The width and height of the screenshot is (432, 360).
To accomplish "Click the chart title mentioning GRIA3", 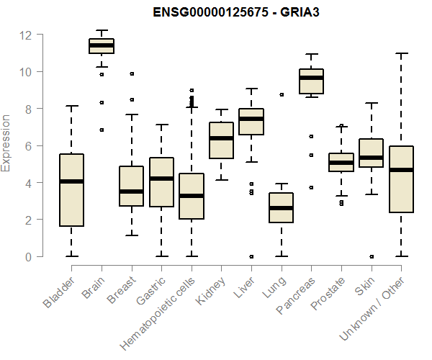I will click(x=230, y=12).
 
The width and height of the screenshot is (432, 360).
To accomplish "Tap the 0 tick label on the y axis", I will click(x=28, y=256).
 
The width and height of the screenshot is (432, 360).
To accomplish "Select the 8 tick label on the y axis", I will click(x=28, y=109).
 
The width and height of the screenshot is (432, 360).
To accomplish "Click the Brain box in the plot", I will click(x=102, y=46).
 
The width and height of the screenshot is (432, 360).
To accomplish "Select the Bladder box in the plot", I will click(x=71, y=190).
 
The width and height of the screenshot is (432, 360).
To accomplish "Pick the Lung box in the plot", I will click(x=282, y=207).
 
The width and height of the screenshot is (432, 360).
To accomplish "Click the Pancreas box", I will click(x=311, y=81).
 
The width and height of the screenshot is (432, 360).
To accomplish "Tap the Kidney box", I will click(x=221, y=140).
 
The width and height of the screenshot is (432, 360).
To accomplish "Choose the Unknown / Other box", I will click(x=401, y=179).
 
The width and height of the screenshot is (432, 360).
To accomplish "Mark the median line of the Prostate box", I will click(x=341, y=163).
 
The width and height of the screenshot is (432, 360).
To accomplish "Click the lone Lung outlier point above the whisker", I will click(x=282, y=94).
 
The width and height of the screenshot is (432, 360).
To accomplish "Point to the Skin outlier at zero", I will click(x=371, y=256).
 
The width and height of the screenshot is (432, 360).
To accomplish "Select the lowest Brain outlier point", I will click(x=102, y=130).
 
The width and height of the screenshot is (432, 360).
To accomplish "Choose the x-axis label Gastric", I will click(x=150, y=289).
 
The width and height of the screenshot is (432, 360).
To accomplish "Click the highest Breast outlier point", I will click(x=132, y=73).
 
